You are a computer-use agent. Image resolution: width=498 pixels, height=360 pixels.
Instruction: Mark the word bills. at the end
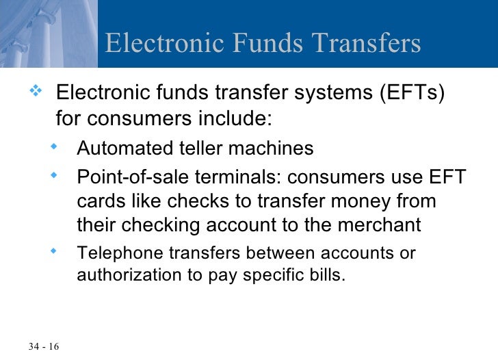[330, 278]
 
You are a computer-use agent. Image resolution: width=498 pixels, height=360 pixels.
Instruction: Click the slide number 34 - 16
[44, 346]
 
